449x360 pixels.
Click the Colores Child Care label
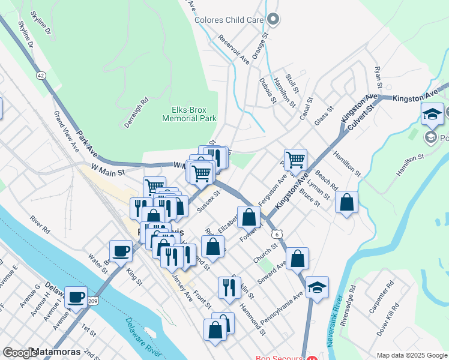[229, 20]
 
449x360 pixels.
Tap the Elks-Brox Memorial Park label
[189, 114]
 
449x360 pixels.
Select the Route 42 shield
[41, 76]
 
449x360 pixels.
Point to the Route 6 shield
[275, 233]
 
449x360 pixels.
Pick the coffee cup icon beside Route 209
[76, 297]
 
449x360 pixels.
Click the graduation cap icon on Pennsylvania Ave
[317, 287]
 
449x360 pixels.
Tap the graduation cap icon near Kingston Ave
[432, 114]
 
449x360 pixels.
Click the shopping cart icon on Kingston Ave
[295, 160]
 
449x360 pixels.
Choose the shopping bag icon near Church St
[298, 259]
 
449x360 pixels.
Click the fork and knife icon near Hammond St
[229, 287]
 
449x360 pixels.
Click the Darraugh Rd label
[136, 107]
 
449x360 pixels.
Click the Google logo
[19, 352]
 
